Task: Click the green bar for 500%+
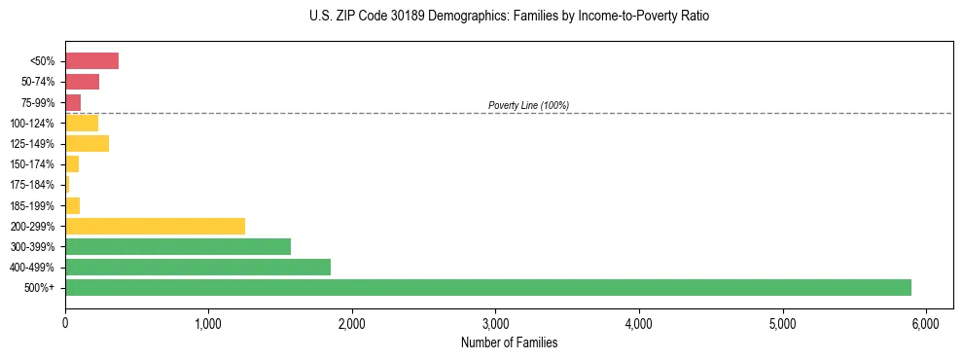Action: (x=487, y=287)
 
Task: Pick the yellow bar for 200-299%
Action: (x=155, y=226)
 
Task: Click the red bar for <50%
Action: (x=91, y=61)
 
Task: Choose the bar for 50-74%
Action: (x=82, y=82)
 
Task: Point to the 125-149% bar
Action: (x=87, y=143)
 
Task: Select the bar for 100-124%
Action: (x=82, y=123)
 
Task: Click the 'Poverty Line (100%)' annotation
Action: (x=528, y=105)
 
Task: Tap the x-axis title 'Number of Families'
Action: (x=510, y=342)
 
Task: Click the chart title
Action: (x=510, y=17)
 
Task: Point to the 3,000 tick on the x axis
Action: (x=495, y=322)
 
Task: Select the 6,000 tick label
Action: (x=925, y=322)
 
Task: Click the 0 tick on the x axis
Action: (x=65, y=322)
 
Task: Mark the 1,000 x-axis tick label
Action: (x=208, y=322)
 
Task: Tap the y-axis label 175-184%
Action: (x=32, y=185)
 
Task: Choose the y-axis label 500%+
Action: (x=39, y=288)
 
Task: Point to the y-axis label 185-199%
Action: (x=32, y=205)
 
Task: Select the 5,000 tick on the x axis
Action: (x=782, y=322)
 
